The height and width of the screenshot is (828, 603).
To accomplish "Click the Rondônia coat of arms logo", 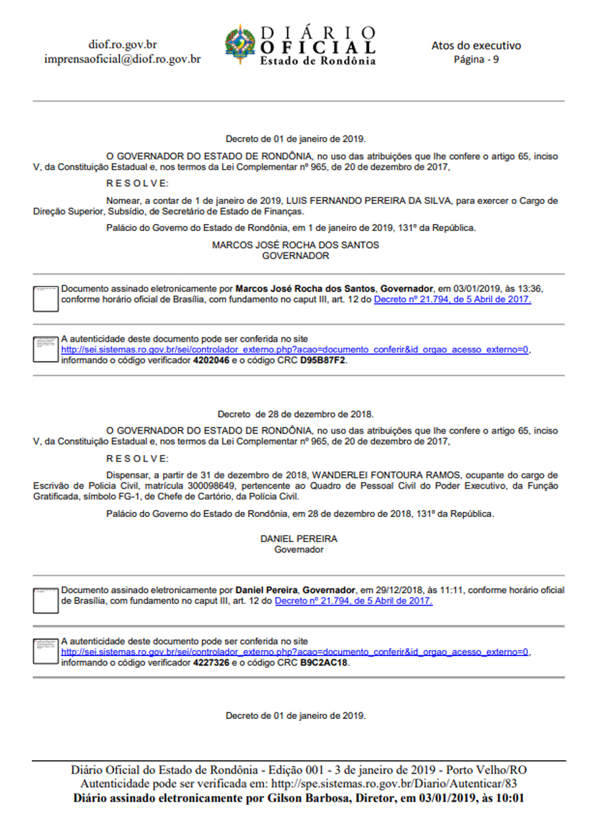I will [x=240, y=44].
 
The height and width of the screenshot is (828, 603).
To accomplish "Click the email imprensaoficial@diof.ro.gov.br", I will [x=122, y=59].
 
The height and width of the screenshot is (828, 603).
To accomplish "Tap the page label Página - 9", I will [x=476, y=59].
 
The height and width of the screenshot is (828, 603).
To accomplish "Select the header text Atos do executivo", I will [x=476, y=46].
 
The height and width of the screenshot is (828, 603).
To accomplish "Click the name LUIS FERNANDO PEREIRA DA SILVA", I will [x=380, y=201].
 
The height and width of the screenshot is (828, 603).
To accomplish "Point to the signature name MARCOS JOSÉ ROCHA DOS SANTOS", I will [x=295, y=245].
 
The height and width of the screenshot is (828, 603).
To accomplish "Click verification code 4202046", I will [x=211, y=361].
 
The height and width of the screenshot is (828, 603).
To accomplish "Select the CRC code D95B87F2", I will [x=323, y=361].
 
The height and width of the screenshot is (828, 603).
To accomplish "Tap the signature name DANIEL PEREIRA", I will [x=299, y=539].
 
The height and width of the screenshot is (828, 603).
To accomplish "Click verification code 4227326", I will [x=211, y=663].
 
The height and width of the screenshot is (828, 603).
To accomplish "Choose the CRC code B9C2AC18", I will [x=325, y=663].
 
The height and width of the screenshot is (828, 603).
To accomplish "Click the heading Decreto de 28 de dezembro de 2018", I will [x=295, y=414].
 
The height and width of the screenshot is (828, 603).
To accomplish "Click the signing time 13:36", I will [x=532, y=289].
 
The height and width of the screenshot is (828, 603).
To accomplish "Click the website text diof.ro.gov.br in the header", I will [x=122, y=45].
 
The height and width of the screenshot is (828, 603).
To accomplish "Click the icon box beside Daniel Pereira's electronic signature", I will [x=46, y=600].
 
